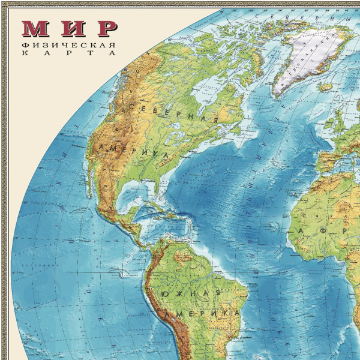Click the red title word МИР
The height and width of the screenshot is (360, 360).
(69, 28)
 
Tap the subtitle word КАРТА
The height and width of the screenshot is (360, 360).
(68, 53)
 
